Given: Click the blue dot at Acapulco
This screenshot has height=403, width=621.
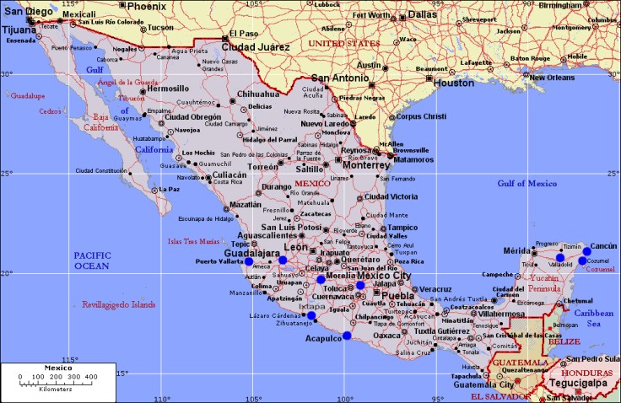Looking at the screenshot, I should (347, 336).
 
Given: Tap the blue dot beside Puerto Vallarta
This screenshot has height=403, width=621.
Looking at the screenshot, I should (248, 261).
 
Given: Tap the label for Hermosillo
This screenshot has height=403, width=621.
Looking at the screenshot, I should (168, 89).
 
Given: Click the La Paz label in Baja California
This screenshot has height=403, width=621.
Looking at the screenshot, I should (168, 189).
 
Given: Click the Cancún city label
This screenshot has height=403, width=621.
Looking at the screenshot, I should (603, 245).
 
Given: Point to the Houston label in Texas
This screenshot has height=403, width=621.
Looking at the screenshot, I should (454, 83).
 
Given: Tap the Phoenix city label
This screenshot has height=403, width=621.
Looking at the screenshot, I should (146, 6).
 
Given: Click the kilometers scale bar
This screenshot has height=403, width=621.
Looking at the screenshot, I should (58, 384).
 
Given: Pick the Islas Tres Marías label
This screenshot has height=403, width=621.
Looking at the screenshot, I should (198, 240).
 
